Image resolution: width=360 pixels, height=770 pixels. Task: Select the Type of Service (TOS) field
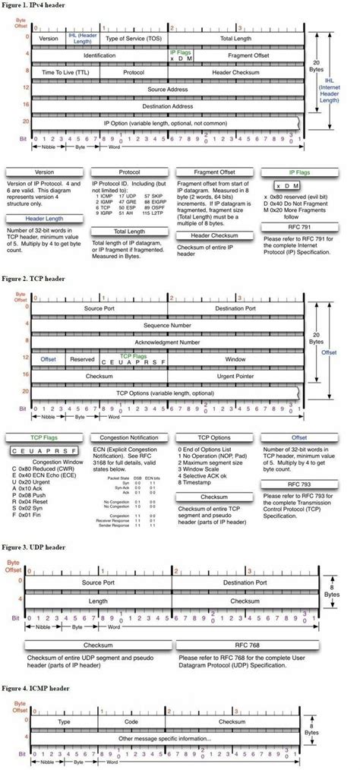(134, 36)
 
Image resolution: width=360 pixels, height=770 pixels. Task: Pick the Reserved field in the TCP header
(82, 358)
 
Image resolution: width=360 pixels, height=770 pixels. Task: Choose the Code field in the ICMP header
(131, 721)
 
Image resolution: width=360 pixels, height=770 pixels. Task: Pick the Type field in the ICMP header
(64, 721)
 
